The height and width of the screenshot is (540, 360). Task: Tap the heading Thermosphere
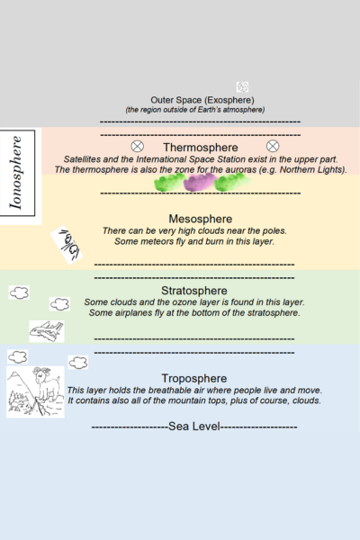point(201,147)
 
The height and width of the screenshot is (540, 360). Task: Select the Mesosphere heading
point(201,219)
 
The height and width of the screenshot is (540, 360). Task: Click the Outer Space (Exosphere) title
point(202,99)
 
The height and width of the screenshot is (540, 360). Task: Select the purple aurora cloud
point(199,183)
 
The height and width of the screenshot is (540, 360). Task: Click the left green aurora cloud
point(168,183)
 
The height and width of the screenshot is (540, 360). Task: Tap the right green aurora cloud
point(231,182)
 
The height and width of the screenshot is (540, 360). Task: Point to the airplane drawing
point(47,331)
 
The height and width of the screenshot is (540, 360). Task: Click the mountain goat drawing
point(35,391)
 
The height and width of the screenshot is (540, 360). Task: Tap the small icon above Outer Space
point(242,86)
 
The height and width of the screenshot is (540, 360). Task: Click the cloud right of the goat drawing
point(78,363)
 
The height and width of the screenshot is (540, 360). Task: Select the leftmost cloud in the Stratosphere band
point(18,292)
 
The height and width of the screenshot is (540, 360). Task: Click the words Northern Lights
point(315,169)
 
